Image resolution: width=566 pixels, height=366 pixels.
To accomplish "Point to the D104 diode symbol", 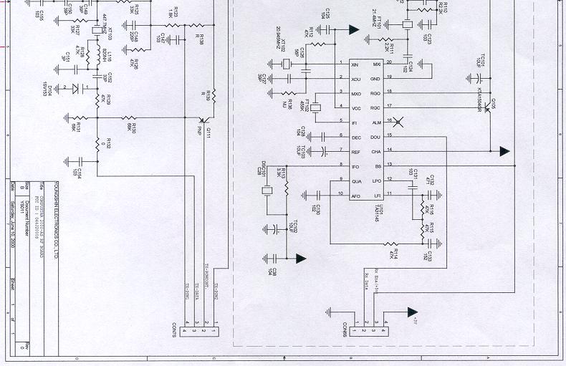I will tap(75, 88).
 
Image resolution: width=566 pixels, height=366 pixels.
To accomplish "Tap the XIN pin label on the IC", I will tap(355, 65).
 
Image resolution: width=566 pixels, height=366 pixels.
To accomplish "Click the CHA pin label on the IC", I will tap(376, 151).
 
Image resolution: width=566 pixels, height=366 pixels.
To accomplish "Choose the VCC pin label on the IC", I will tap(355, 108).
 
